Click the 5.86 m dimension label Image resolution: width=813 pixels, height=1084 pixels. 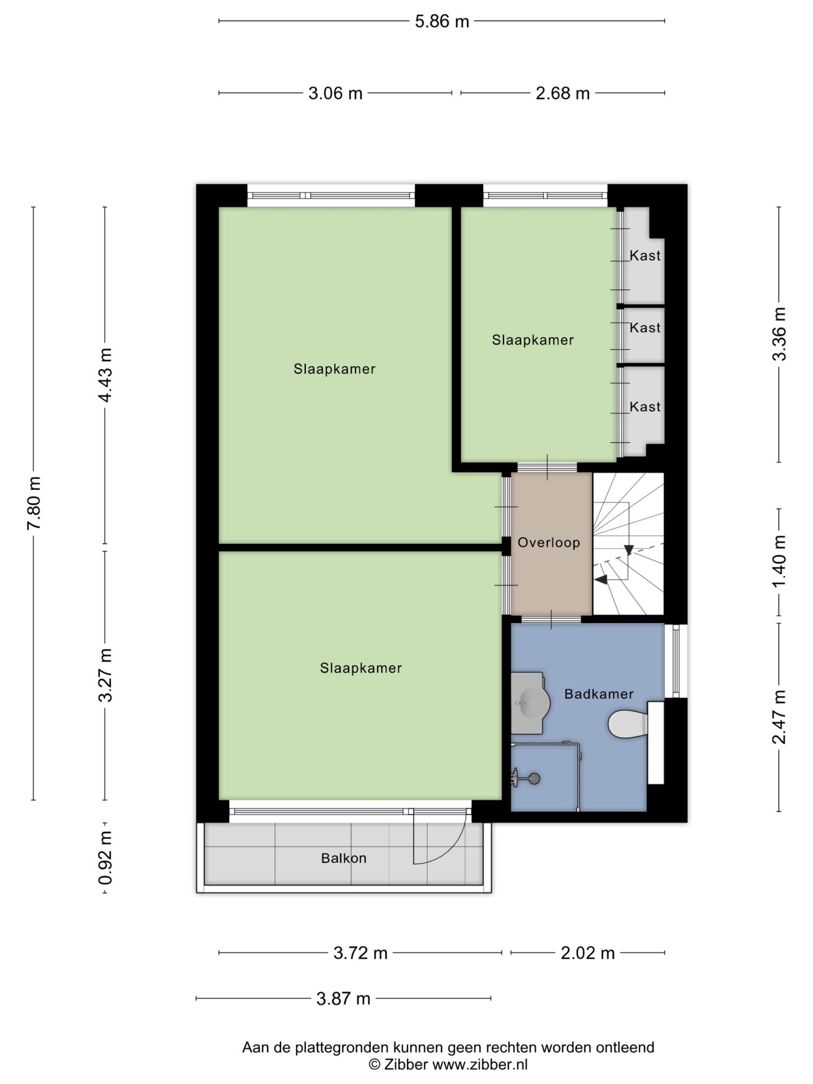(x=441, y=22)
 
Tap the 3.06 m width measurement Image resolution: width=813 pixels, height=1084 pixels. (x=335, y=94)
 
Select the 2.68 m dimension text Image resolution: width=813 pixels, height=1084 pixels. (x=562, y=94)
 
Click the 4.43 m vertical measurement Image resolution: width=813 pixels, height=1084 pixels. (x=105, y=375)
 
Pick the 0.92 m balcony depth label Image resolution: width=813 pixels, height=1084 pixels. (x=105, y=857)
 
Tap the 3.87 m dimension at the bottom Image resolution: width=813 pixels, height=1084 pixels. (x=343, y=999)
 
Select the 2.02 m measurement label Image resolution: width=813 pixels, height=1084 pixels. (x=588, y=953)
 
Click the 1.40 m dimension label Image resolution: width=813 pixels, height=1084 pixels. (x=780, y=562)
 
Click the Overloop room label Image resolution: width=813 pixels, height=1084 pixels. (x=549, y=543)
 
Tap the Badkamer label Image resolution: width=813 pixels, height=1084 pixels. (x=599, y=694)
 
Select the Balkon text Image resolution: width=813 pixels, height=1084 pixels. (x=344, y=859)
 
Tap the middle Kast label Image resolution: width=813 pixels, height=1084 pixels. (x=645, y=328)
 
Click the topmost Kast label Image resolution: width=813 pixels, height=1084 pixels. (x=645, y=255)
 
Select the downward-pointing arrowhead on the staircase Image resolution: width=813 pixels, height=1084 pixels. (x=629, y=550)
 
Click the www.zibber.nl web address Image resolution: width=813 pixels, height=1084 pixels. (x=480, y=1065)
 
